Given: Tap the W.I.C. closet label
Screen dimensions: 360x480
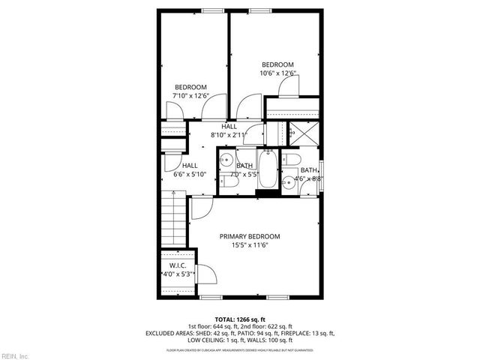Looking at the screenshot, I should coord(178,265).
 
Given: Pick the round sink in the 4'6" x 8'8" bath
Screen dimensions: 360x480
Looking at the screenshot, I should coord(287,181).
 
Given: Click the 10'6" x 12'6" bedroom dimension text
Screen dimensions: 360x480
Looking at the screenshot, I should coord(277,73).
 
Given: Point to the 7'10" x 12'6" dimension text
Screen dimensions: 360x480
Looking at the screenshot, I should coord(190,96).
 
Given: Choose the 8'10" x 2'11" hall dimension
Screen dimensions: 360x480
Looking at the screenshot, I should coord(229,135).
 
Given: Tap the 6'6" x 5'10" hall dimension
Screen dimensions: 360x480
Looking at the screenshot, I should coord(189,174).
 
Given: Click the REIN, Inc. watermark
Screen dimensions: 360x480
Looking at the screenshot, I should coord(14,355).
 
